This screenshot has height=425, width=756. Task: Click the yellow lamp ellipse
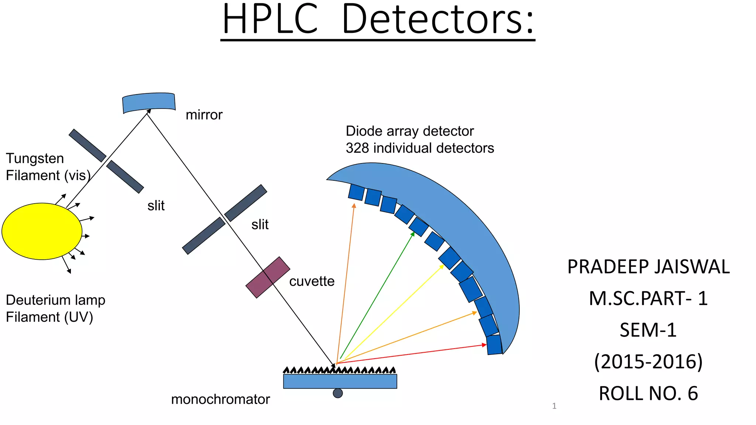[42, 231]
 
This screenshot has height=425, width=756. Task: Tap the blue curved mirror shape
[149, 102]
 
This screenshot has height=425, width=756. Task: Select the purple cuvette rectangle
[268, 277]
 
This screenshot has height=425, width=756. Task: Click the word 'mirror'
[204, 115]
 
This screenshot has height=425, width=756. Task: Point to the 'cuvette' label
[312, 281]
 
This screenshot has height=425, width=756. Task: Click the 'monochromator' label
[220, 400]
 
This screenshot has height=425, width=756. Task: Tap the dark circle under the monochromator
[337, 393]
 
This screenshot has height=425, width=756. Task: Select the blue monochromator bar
[340, 381]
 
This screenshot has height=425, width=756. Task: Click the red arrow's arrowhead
[484, 345]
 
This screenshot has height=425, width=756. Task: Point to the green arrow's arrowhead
[413, 234]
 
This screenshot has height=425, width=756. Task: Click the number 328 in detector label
[357, 148]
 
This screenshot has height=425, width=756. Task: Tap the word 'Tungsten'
[35, 159]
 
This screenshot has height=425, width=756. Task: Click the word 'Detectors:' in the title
[438, 19]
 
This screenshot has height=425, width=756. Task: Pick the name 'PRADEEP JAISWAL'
[648, 267]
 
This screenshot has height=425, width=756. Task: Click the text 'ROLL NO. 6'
[648, 393]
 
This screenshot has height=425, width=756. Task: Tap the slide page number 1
[554, 406]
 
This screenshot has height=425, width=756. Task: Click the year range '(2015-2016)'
[648, 362]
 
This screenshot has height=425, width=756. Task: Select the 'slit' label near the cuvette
[260, 225]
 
